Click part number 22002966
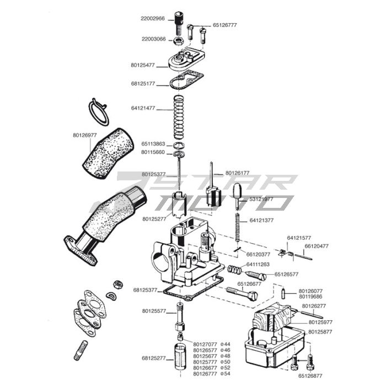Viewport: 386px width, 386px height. [x=152, y=18]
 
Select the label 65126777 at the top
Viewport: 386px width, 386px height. [x=225, y=25]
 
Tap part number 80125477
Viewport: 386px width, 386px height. [x=143, y=65]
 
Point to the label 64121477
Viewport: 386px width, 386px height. [x=143, y=108]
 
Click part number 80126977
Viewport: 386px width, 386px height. [x=84, y=135]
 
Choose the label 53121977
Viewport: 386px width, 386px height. [x=261, y=199]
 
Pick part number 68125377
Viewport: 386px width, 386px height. [x=145, y=289]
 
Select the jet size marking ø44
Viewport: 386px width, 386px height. [x=225, y=344]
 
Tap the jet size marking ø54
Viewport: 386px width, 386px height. [x=225, y=373]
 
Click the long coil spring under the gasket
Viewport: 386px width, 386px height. [x=178, y=117]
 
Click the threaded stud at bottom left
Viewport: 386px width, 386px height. [x=81, y=350]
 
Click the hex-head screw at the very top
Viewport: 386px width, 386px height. [x=178, y=20]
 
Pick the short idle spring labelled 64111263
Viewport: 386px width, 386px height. [x=235, y=270]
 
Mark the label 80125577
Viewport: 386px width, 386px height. [x=154, y=311]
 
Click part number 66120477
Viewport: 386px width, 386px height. [x=317, y=246]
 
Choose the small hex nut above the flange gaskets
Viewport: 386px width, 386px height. [x=117, y=284]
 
